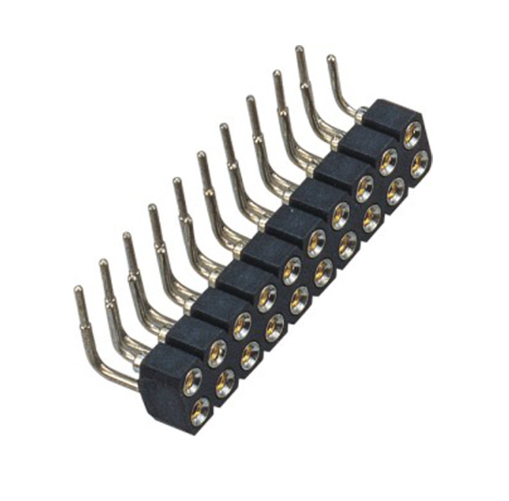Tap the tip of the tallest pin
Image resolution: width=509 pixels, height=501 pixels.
pyautogui.click(x=299, y=48)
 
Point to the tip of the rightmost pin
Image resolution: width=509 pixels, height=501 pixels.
pyautogui.click(x=330, y=58)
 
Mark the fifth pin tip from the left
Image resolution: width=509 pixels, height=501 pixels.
pyautogui.click(x=176, y=180)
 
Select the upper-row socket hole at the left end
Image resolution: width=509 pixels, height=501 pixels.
pyautogui.click(x=192, y=379)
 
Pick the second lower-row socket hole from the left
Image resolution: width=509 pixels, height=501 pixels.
pyautogui.click(x=226, y=381)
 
